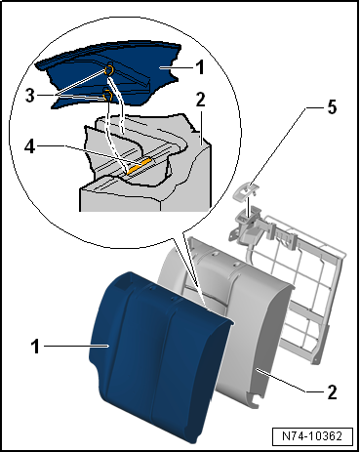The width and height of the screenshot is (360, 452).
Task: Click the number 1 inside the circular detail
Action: pos(200,67)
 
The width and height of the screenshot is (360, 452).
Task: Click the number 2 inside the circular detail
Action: pos(201,100)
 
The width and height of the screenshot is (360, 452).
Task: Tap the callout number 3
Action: pos(30,96)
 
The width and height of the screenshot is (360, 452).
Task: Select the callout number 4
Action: pos(30,145)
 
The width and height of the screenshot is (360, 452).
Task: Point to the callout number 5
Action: pos(332,107)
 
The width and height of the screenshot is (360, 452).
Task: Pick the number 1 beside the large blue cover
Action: pos(35,347)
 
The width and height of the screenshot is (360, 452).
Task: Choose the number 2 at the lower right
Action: pos(332,391)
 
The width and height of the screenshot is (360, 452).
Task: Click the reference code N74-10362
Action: pos(312,436)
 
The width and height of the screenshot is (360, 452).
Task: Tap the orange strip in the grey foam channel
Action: pos(140,165)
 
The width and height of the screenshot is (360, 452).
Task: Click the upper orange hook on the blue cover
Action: pos(108,69)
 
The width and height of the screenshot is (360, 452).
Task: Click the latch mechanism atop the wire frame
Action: pos(249,225)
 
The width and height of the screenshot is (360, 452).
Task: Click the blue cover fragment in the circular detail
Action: pos(110,75)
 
